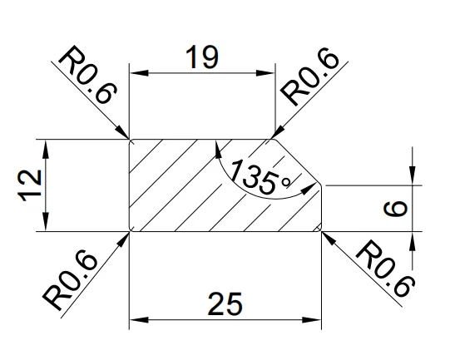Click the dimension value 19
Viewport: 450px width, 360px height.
[202, 57]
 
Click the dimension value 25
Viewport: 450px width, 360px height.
[225, 303]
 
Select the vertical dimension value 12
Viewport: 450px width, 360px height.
[30, 186]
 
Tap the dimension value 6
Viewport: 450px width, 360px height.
[395, 208]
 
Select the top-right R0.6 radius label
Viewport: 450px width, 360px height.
[310, 77]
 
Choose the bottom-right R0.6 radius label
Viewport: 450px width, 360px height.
[385, 269]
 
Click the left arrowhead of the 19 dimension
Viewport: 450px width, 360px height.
[139, 73]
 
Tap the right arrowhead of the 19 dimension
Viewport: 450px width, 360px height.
[265, 73]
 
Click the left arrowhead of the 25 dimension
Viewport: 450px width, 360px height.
[139, 319]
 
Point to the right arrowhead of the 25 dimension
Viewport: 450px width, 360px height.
[312, 319]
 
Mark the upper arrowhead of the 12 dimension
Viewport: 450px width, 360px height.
[46, 149]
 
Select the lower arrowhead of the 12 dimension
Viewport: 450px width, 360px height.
[46, 221]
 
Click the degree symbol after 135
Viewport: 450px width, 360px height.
[286, 182]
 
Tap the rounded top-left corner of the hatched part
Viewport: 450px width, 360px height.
[131, 141]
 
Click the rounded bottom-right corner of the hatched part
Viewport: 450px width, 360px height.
[319, 229]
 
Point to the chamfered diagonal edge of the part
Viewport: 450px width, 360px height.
[298, 162]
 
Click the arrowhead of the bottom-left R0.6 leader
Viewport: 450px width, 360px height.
[122, 239]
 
